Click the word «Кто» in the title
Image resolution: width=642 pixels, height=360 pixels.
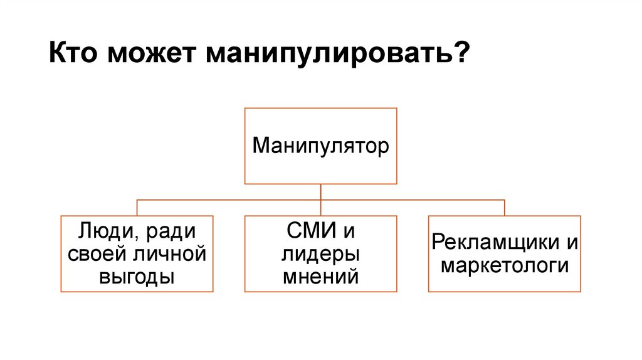click(73, 52)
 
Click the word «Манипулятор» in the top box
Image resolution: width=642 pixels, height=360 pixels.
click(320, 146)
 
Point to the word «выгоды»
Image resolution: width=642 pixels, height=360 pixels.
click(137, 276)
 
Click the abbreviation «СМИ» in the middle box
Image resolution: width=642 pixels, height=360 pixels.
click(308, 233)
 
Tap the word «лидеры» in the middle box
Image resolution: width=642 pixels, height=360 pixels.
click(320, 254)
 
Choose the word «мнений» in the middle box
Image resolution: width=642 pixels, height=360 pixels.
click(320, 275)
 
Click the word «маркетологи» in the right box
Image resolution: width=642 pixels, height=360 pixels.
click(505, 265)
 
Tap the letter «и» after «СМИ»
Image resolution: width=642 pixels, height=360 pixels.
click(349, 233)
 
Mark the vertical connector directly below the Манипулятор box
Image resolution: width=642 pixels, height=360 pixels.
click(320, 192)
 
